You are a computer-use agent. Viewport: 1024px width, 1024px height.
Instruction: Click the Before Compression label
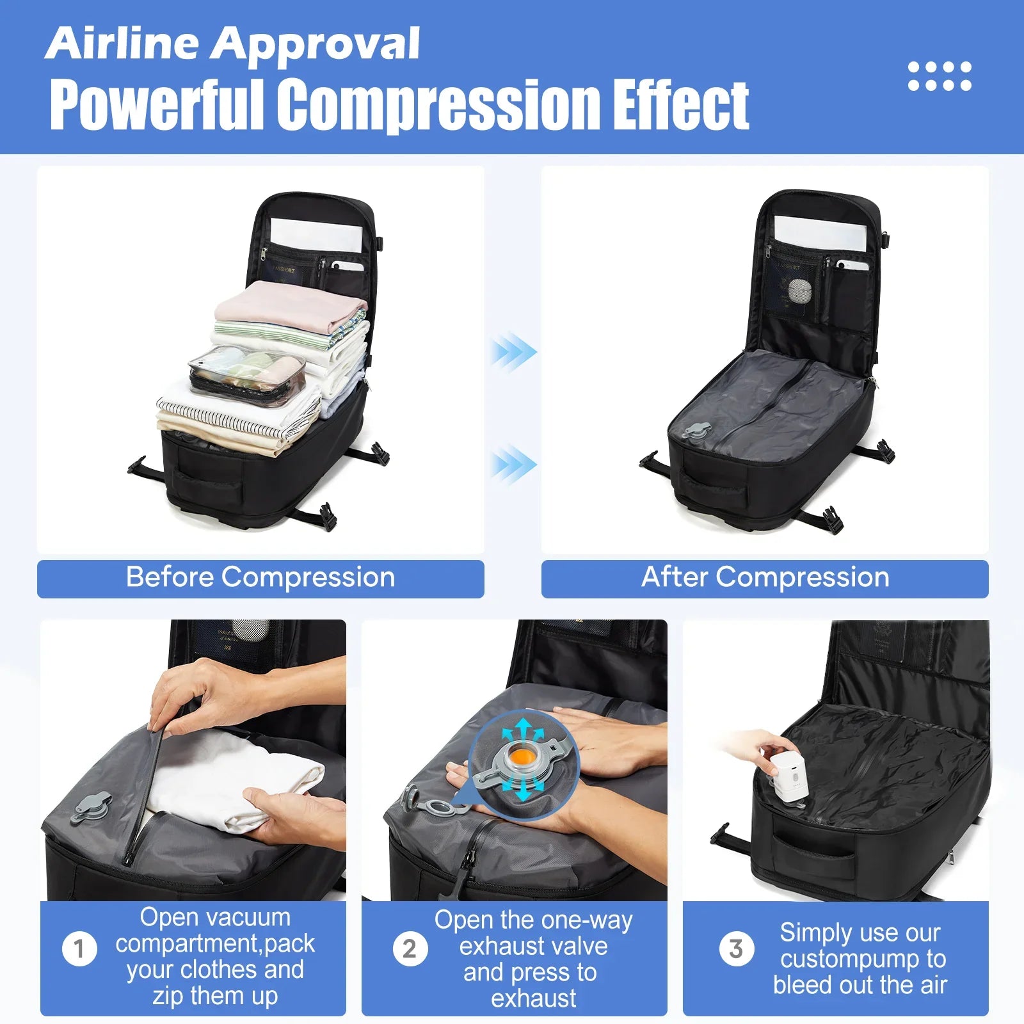point(260,578)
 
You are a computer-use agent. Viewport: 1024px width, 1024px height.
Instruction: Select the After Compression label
point(765,578)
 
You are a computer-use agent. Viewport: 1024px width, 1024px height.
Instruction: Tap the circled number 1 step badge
point(80,948)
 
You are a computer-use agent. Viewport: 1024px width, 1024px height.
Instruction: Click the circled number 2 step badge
point(410,948)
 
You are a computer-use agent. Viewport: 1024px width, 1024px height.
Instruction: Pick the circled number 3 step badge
point(736,948)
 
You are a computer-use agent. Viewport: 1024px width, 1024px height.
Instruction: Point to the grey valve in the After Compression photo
point(695,431)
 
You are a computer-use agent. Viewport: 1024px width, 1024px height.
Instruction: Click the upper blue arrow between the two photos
point(514,351)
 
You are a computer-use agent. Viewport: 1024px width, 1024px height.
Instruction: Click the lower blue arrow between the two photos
point(514,464)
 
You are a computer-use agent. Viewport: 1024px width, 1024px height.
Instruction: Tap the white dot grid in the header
point(940,76)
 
